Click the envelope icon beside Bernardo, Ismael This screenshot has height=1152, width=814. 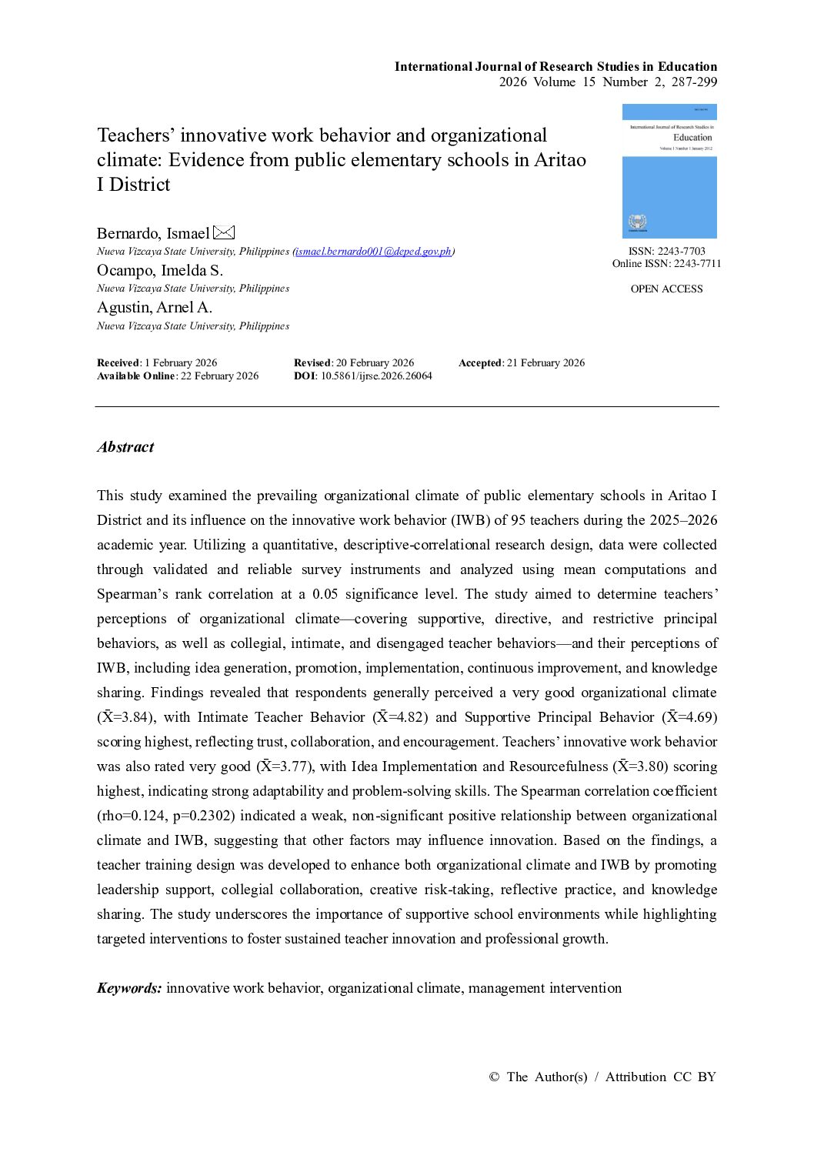[x=224, y=232]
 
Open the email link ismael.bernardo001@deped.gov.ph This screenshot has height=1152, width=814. [x=374, y=252]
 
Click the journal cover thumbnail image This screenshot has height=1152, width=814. [x=669, y=171]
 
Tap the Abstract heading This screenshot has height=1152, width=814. [x=125, y=447]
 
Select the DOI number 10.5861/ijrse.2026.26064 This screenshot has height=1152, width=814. [x=376, y=376]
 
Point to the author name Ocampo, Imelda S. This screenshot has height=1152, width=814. [x=159, y=270]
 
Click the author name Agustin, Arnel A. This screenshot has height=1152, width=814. [x=154, y=307]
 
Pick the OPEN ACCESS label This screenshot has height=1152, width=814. [x=666, y=289]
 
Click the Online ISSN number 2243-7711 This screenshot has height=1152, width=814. [x=697, y=264]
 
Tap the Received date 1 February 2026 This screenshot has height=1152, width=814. [x=181, y=363]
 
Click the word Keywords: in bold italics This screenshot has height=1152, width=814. [x=129, y=988]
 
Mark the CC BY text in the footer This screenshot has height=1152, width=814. [x=695, y=1077]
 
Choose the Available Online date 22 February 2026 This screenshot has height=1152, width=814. [x=219, y=376]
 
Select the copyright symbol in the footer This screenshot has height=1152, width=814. [x=494, y=1077]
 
